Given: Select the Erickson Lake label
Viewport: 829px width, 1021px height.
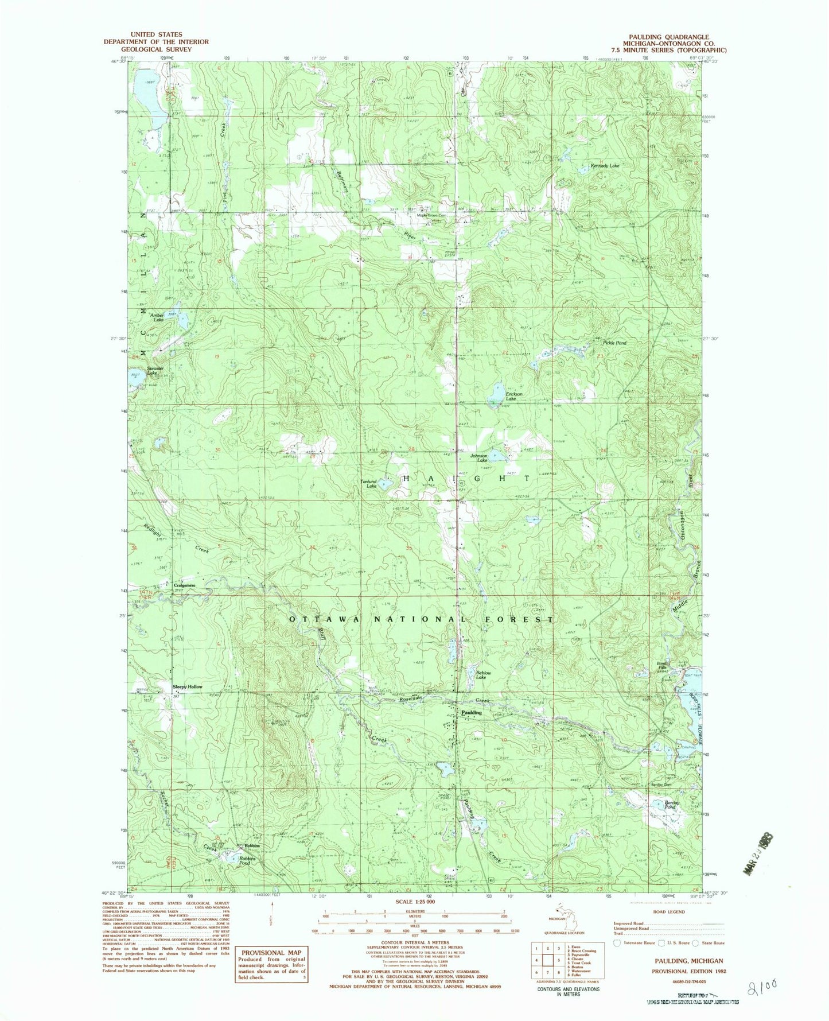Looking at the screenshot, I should pyautogui.click(x=514, y=396).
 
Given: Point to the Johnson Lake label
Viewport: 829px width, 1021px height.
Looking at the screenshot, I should pyautogui.click(x=479, y=458).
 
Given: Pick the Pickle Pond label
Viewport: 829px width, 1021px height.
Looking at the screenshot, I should pyautogui.click(x=614, y=343).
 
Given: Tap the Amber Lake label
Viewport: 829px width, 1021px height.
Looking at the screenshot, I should pyautogui.click(x=157, y=317).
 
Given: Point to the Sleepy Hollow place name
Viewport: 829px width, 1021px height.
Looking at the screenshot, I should pyautogui.click(x=188, y=686).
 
